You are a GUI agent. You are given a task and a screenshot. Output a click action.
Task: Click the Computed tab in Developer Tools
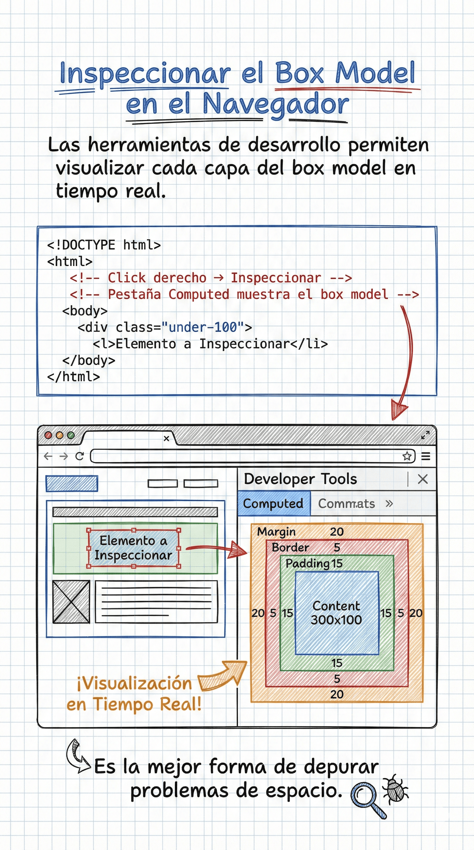273,503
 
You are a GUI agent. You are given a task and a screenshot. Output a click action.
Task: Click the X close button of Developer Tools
422,479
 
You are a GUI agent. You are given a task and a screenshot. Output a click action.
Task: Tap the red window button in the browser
48,435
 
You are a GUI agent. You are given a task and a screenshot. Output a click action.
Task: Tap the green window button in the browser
71,435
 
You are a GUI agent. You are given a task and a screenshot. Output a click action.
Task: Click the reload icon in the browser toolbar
79,456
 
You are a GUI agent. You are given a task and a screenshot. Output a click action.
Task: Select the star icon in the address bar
407,456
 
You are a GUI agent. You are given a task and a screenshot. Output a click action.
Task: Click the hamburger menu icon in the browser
426,456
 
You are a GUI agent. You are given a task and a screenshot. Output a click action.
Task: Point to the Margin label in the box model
276,532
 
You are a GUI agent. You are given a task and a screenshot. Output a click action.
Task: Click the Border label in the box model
290,547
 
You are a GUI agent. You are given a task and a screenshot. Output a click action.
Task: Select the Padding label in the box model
307,563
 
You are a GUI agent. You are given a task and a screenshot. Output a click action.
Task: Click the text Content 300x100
336,613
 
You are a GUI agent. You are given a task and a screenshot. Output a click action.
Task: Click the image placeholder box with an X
71,602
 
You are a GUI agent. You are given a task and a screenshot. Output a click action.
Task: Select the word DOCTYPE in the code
88,245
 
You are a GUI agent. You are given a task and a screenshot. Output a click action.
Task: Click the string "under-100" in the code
203,327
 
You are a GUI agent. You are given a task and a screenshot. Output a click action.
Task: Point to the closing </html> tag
73,377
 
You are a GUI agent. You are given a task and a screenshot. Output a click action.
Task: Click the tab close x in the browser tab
166,438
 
